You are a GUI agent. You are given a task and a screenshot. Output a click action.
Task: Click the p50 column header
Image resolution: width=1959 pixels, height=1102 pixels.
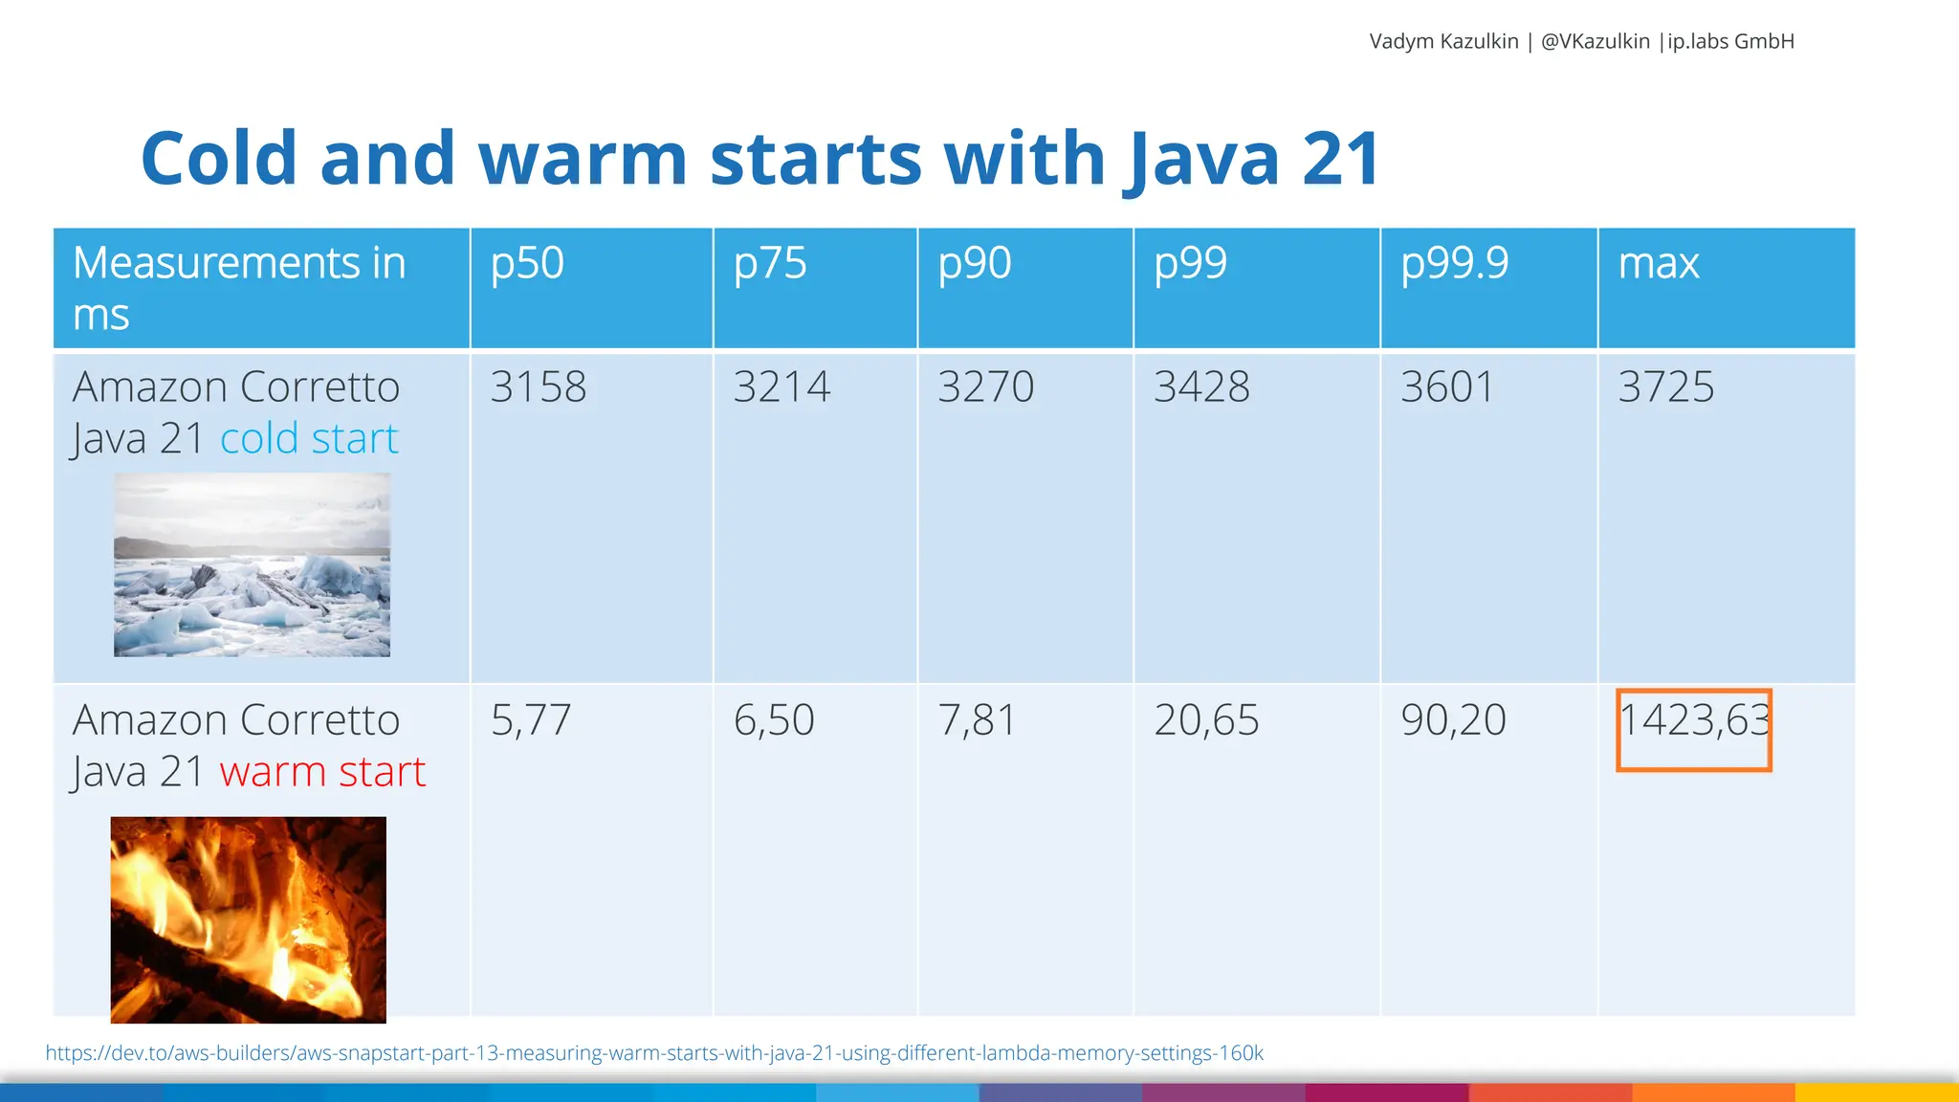tap(527, 264)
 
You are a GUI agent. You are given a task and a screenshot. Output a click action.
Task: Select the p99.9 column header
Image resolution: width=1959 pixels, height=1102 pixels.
tap(1454, 264)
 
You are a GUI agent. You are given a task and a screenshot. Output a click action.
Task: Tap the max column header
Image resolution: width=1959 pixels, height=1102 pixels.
tap(1658, 264)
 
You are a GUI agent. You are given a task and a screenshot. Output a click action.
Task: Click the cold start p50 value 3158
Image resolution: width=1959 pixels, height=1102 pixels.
tap(539, 387)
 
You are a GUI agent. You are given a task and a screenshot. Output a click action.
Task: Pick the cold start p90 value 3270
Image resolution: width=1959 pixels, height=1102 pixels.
tap(985, 387)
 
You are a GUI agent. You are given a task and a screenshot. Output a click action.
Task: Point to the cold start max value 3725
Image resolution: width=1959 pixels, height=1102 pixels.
tap(1665, 387)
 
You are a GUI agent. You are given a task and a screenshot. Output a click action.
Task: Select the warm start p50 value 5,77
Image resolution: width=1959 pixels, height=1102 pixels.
tap(531, 720)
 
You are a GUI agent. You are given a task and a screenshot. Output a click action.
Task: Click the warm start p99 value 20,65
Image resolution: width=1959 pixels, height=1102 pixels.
tap(1206, 720)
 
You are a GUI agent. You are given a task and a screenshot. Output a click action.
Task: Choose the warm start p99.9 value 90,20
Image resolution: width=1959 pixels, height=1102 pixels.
tap(1453, 720)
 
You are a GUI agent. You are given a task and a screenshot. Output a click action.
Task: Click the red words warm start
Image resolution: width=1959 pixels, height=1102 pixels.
tap(322, 772)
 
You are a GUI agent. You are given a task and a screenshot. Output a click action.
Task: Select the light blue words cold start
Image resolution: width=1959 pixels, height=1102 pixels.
tap(308, 439)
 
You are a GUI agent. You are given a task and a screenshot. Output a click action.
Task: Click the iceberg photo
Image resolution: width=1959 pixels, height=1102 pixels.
tap(252, 565)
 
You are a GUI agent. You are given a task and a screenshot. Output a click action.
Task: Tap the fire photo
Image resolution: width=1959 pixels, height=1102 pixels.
tap(248, 919)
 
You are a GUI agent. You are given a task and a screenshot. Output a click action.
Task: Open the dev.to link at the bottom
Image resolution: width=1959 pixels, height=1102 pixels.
tap(654, 1053)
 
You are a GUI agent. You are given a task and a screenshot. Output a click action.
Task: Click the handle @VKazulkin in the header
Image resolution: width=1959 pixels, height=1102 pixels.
tap(1595, 41)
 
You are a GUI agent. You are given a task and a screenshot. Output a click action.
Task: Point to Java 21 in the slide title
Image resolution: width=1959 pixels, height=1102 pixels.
tap(1253, 159)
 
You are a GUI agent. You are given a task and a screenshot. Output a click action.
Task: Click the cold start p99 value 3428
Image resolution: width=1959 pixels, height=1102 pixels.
tap(1201, 387)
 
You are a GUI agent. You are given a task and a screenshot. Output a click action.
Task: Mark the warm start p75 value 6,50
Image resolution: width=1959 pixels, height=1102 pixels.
tap(774, 720)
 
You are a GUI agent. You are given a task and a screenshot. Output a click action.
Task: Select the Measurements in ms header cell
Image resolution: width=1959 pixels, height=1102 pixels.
tap(239, 288)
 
